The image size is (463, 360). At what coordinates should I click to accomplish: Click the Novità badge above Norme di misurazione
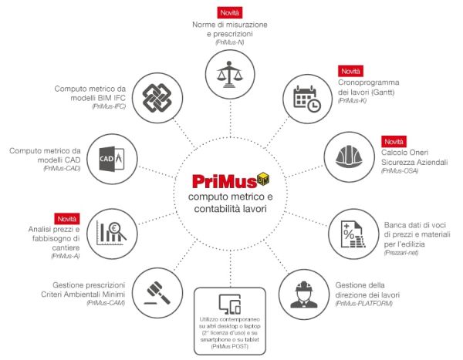point(230,13)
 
